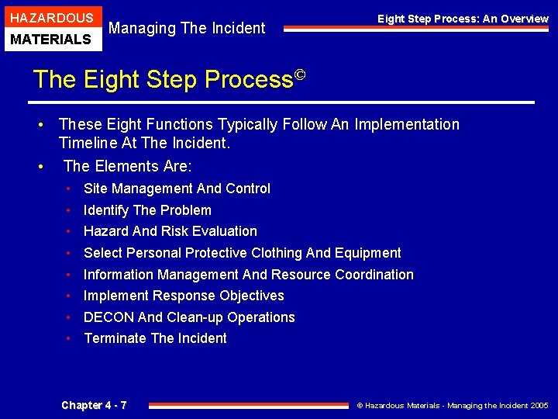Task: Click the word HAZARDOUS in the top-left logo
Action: tap(52, 18)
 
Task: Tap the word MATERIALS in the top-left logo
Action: tap(50, 39)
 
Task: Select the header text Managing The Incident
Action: tap(187, 28)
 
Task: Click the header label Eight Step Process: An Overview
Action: tap(463, 19)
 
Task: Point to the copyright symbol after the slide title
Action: tap(301, 76)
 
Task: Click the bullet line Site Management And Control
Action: tap(177, 189)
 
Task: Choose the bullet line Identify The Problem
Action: tap(147, 210)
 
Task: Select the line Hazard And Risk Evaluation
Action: tap(170, 231)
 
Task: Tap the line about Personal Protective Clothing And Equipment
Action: tap(242, 253)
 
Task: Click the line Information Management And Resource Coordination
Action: tap(248, 275)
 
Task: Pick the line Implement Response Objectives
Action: tap(184, 296)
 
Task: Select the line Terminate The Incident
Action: tap(155, 338)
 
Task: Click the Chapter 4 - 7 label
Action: tap(94, 405)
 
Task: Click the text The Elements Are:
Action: tap(128, 166)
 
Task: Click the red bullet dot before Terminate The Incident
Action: tap(69, 338)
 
